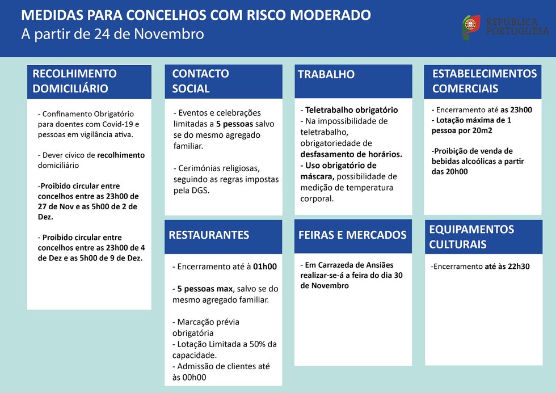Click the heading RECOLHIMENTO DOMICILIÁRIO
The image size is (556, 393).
(x=75, y=81)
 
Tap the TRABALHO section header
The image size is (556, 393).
(x=326, y=74)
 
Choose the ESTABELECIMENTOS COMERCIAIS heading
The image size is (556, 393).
(x=484, y=81)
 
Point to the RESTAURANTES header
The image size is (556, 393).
(x=209, y=235)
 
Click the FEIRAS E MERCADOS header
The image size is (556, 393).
(x=352, y=235)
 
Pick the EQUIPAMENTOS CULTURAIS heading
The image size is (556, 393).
(x=471, y=237)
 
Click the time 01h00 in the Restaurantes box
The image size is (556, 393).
(x=264, y=267)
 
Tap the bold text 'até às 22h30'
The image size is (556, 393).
(x=507, y=266)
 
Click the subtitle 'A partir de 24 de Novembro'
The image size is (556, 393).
(x=112, y=34)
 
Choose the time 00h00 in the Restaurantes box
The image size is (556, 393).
(x=193, y=377)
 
